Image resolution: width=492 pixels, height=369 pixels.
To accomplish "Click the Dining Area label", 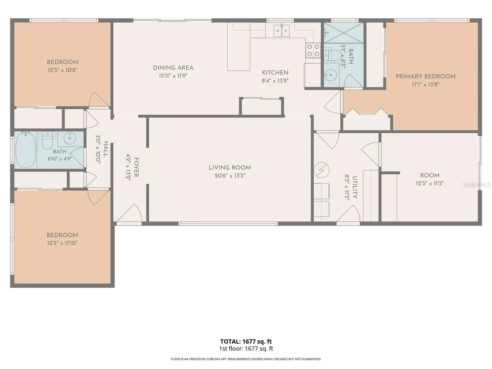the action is [173, 68].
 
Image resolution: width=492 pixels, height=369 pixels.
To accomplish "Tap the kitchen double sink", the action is [282, 31].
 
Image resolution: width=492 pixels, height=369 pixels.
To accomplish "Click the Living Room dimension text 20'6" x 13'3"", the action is [230, 176].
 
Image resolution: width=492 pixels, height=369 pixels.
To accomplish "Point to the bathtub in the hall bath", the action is [26, 150].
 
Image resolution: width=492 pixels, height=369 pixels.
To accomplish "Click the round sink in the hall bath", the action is [69, 139].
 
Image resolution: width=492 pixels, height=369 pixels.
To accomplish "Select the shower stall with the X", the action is [344, 33].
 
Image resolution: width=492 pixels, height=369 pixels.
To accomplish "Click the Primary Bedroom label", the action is [426, 76].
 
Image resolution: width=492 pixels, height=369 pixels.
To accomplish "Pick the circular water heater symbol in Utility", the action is [321, 170].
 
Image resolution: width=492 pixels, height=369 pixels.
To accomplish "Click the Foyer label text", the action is [136, 167].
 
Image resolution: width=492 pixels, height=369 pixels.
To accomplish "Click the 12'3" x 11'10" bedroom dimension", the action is [62, 243].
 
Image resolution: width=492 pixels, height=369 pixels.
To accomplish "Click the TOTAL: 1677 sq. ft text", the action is [246, 341].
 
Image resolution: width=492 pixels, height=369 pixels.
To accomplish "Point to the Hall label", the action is [106, 149].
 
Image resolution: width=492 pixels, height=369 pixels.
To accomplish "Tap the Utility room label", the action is [355, 187].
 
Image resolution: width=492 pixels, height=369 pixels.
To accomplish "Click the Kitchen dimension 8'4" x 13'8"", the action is [275, 81].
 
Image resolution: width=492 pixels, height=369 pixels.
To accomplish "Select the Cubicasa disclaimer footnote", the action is [246, 359].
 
